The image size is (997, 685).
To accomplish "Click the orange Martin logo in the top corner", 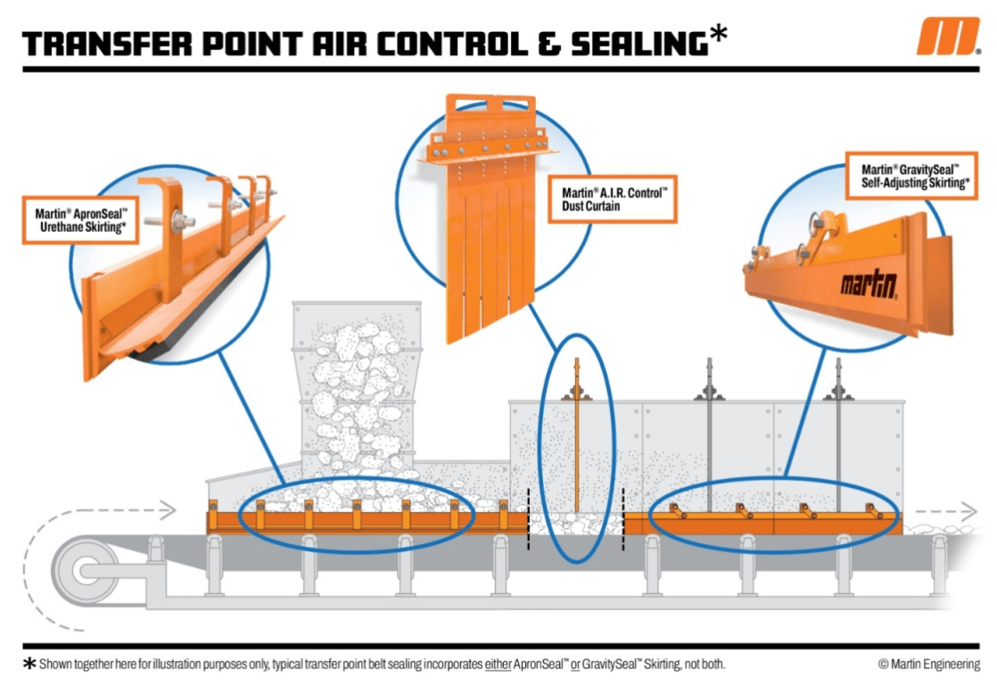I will tap(947, 37).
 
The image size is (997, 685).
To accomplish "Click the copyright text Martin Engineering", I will tap(928, 664).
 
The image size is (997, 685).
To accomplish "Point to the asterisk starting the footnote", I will tap(30, 664).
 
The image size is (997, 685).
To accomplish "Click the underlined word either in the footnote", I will tap(499, 664).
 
